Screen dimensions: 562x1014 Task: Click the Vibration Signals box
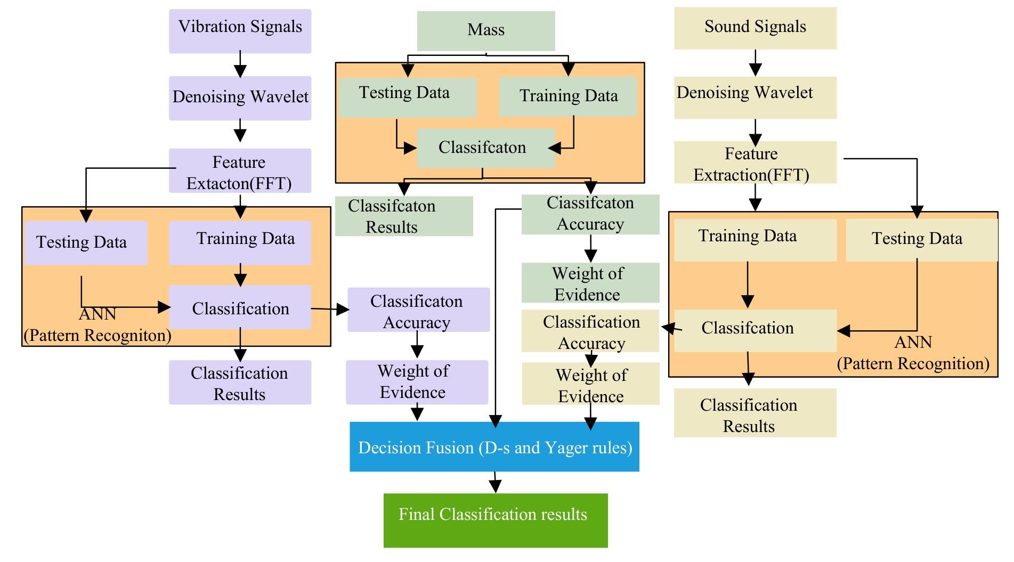click(240, 31)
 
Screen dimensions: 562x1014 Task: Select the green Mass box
click(486, 31)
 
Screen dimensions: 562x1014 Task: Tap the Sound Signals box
click(755, 28)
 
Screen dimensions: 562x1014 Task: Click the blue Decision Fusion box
click(494, 446)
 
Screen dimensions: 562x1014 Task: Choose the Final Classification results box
click(496, 520)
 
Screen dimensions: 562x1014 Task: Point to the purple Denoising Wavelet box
click(240, 98)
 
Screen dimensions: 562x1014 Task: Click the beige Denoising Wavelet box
click(755, 97)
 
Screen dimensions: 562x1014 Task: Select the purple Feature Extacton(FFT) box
click(240, 170)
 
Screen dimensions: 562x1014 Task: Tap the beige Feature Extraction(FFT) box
click(755, 162)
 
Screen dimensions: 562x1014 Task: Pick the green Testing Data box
click(407, 97)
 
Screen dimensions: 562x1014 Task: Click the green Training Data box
click(568, 96)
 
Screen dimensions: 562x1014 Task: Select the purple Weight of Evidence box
click(417, 382)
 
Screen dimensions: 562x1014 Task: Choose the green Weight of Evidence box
click(590, 283)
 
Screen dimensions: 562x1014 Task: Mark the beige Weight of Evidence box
click(590, 384)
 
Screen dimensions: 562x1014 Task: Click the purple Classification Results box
click(240, 382)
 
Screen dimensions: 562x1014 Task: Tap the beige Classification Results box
click(755, 413)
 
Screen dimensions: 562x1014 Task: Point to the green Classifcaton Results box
click(403, 216)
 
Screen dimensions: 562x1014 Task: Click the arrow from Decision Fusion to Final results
click(495, 482)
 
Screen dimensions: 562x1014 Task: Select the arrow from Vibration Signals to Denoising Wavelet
click(240, 64)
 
